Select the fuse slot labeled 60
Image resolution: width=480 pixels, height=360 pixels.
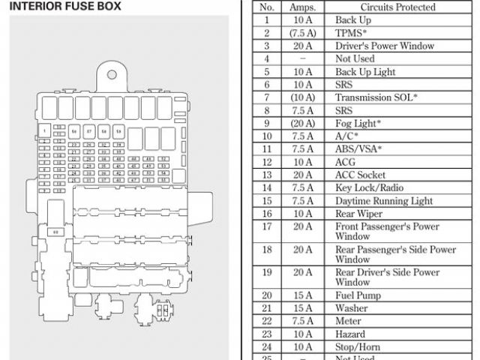(x=55, y=233)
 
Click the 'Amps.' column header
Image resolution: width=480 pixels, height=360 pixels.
(x=302, y=7)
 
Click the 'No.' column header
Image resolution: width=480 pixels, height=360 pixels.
(x=266, y=7)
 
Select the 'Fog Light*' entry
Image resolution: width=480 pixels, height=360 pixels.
(x=358, y=123)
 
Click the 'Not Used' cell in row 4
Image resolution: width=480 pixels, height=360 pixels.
(x=355, y=58)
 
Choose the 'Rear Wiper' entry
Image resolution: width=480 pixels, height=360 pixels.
(x=358, y=214)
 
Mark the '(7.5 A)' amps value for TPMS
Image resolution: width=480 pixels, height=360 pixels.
(x=302, y=33)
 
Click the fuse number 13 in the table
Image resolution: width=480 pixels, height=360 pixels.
(x=266, y=175)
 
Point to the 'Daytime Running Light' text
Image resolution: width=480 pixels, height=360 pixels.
(x=384, y=201)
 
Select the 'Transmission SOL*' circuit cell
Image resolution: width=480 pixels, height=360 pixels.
(x=376, y=97)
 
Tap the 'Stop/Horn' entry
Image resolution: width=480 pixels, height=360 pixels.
(x=358, y=347)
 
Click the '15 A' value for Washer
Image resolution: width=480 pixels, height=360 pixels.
(x=302, y=308)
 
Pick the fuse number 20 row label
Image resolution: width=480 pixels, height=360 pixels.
(x=266, y=295)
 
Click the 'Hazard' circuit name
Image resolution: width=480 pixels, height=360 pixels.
(x=350, y=334)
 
